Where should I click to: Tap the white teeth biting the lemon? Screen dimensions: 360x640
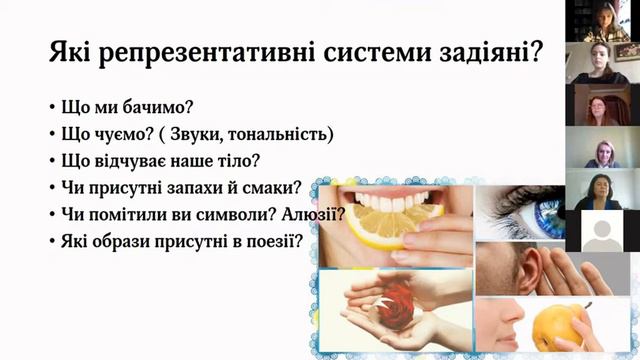click(395, 199)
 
